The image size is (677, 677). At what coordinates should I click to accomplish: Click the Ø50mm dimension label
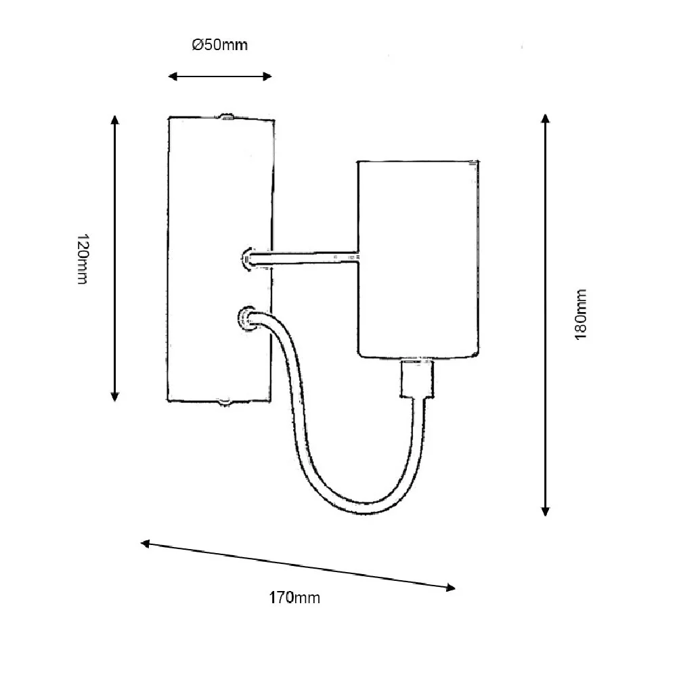tap(220, 45)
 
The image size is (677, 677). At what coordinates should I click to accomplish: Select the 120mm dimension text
tap(83, 259)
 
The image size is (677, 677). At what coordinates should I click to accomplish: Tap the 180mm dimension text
tap(581, 314)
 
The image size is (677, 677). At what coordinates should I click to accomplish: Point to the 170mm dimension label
tap(294, 598)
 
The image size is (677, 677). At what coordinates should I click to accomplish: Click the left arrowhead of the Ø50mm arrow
tap(172, 77)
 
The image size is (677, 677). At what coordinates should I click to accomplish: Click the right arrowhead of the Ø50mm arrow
tap(267, 77)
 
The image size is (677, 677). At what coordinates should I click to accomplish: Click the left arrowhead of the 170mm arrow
tap(145, 544)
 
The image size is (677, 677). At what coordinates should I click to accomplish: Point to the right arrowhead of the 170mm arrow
tap(451, 587)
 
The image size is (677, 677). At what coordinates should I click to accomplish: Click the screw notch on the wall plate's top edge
tap(226, 116)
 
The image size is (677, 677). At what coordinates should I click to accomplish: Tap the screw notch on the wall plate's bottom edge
tap(225, 403)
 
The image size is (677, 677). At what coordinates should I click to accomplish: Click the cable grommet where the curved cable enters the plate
tap(246, 319)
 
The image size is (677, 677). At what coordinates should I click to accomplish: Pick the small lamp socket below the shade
tap(416, 378)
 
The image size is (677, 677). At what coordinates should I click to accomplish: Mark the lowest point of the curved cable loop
tap(365, 509)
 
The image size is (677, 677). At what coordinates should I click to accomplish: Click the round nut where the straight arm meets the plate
tap(246, 259)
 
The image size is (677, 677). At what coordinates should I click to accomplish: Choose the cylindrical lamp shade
tap(418, 259)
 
